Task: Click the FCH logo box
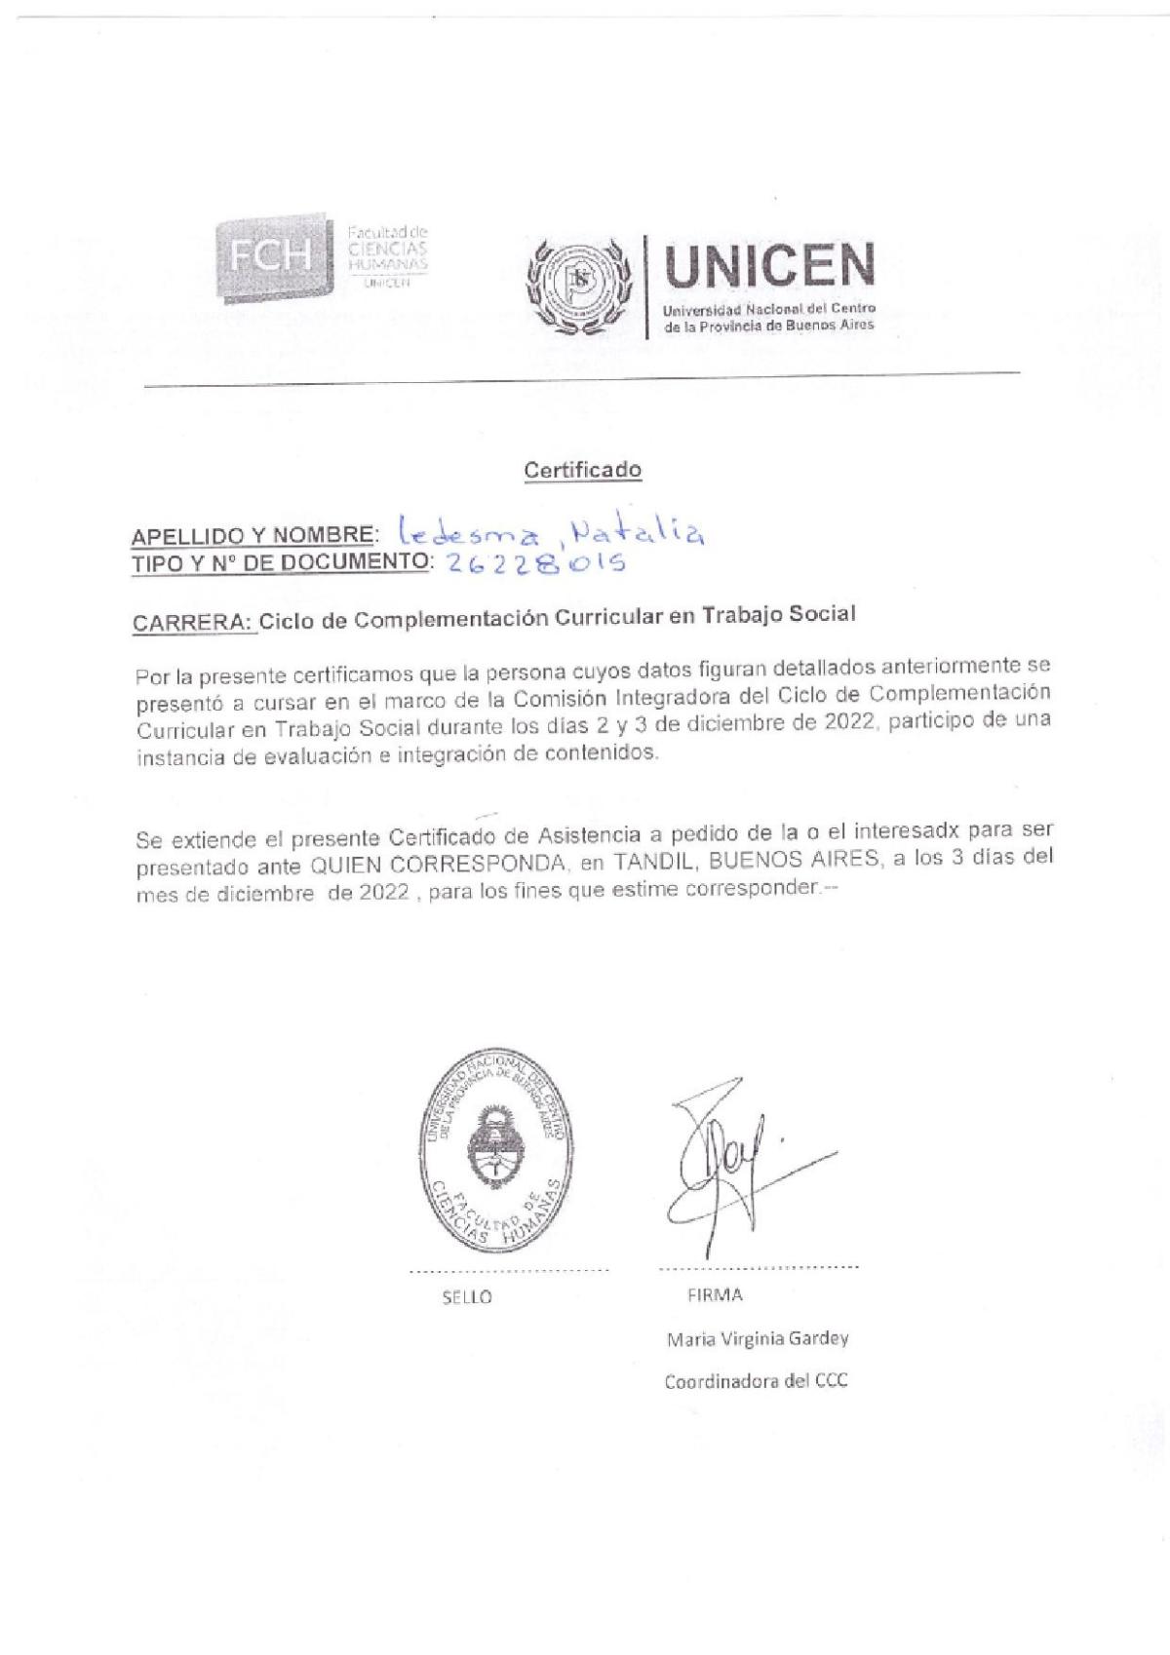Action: click(x=272, y=255)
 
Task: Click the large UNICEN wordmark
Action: click(x=767, y=266)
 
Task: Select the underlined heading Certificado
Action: click(x=583, y=470)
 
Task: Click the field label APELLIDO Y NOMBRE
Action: click(x=253, y=535)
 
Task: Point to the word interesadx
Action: click(x=929, y=837)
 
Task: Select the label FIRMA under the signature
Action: click(x=715, y=1295)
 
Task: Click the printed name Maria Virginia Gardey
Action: click(x=757, y=1338)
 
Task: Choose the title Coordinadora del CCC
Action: click(x=756, y=1381)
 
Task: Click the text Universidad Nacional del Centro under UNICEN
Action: click(x=769, y=309)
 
